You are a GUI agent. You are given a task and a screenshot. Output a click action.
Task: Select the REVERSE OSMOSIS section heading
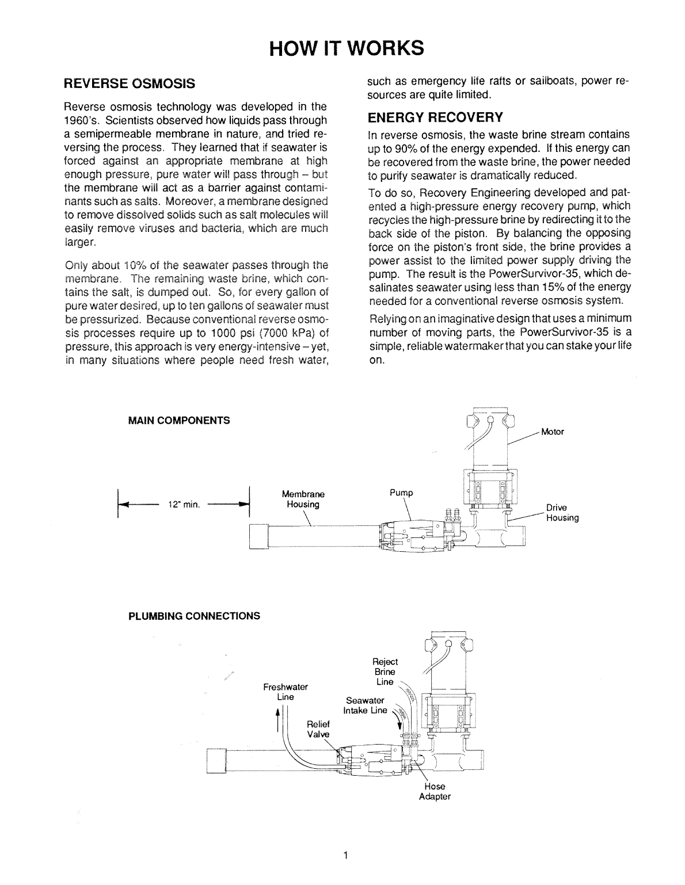click(x=130, y=84)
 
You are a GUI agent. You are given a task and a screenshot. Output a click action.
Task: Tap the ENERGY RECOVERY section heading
click(x=435, y=117)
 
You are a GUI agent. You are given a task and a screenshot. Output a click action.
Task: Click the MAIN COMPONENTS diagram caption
click(x=178, y=420)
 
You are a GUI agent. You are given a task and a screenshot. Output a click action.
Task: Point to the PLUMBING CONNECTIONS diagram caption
click(x=193, y=616)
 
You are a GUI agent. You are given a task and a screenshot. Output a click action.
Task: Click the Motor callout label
click(x=553, y=432)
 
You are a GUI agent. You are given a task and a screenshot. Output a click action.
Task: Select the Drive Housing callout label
click(x=562, y=513)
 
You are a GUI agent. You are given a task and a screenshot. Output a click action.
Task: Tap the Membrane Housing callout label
click(x=303, y=499)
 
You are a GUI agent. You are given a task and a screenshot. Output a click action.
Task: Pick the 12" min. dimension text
click(x=184, y=505)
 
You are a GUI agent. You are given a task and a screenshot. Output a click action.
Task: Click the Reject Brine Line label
click(x=385, y=672)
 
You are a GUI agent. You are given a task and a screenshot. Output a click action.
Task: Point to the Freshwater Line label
click(x=286, y=692)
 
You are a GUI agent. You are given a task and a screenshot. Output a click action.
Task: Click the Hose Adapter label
click(x=435, y=792)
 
